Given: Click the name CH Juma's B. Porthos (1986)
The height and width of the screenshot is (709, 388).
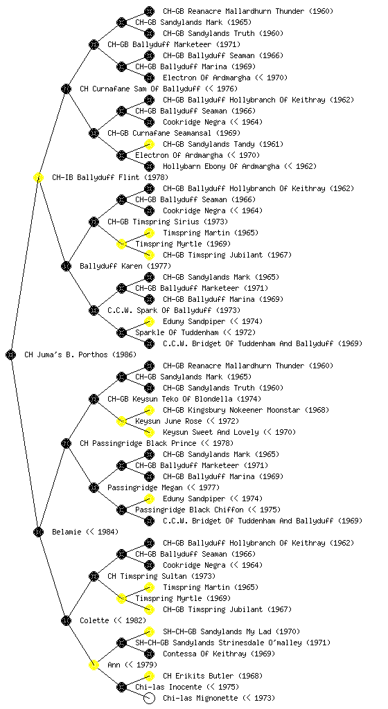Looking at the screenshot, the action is coord(80,354).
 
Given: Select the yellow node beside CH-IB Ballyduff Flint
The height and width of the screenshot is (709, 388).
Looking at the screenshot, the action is coord(38,177).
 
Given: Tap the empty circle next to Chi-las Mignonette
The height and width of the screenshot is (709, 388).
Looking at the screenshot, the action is coord(149,698).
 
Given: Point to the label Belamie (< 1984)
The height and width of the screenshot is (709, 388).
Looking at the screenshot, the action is coord(85,532).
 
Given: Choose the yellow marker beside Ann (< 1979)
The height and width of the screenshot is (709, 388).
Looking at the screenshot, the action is coord(94,665).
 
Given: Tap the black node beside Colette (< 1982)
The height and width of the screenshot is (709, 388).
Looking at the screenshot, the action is coord(66,620).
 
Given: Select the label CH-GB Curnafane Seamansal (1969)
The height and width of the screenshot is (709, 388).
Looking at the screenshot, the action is coord(174,133).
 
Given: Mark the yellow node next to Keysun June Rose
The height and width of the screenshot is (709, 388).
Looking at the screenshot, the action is coord(121,421).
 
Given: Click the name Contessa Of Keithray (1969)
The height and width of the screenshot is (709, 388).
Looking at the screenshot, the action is coord(213,654).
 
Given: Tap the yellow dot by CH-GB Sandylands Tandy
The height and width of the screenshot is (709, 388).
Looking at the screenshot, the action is coord(149,144).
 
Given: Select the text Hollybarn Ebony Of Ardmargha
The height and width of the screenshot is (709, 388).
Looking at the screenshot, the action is coord(221,166).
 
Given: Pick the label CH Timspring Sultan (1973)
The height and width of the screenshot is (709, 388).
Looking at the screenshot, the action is coord(161,576).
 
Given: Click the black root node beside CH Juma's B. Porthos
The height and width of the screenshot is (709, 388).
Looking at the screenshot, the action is coord(11,354).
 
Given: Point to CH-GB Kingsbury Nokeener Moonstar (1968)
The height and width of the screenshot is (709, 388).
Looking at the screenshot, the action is coord(246,410).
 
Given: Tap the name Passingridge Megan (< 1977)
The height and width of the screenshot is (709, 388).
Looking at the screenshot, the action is coord(164,487).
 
